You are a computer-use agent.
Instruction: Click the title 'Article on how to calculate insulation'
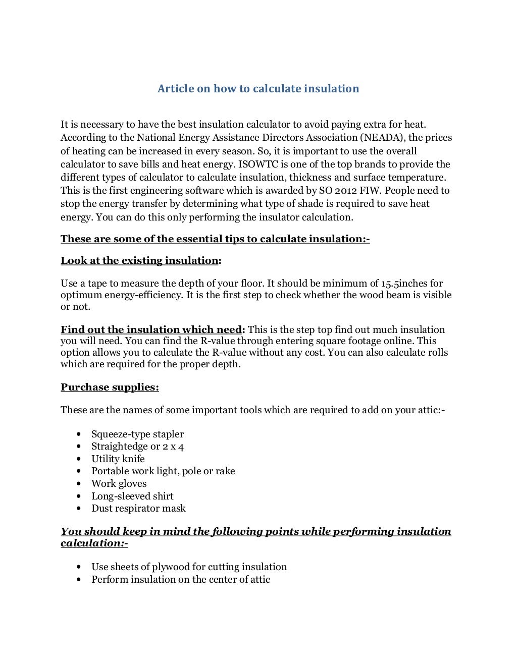258,89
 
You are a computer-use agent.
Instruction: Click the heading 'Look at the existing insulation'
139,260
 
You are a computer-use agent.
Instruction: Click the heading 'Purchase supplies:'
110,387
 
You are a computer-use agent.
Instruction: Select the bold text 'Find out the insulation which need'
151,330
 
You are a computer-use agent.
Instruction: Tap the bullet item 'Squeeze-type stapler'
137,434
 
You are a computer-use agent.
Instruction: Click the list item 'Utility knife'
118,459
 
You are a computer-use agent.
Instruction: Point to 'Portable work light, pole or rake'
163,471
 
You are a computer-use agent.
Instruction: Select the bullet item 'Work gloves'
119,483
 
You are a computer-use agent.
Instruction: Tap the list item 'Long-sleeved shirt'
132,496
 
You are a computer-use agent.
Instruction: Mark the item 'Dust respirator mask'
138,508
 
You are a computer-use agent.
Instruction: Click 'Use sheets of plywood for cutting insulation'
189,567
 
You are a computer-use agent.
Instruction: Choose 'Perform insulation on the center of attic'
180,579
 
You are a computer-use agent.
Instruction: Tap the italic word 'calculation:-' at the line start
94,544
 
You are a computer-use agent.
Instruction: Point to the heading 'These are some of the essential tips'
215,239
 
